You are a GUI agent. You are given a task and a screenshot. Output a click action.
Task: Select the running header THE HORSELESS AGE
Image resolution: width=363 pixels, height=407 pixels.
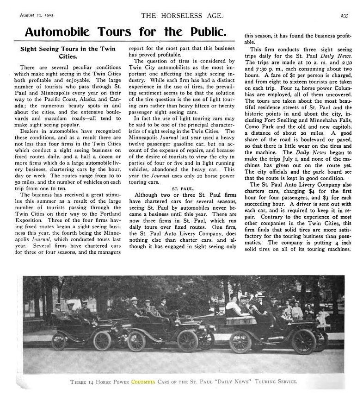pyautogui.click(x=182, y=15)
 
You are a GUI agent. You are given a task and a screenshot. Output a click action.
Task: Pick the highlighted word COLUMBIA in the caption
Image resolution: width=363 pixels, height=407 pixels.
pyautogui.click(x=144, y=382)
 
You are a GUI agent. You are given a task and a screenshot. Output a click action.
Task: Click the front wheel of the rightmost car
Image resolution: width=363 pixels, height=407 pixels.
pyautogui.click(x=304, y=341)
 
